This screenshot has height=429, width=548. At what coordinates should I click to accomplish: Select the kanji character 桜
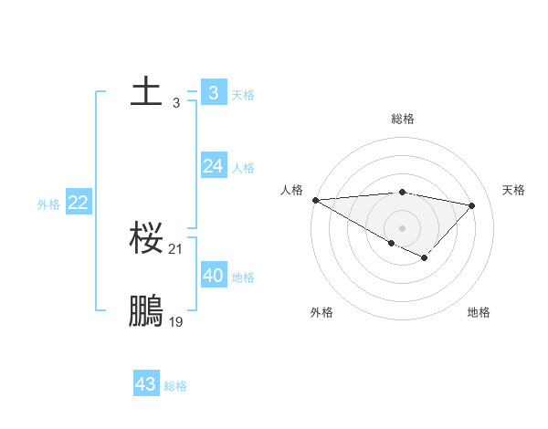(x=146, y=240)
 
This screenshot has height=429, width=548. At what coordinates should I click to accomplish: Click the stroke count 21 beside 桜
(x=176, y=248)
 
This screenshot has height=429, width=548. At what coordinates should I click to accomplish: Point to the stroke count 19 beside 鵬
(x=176, y=321)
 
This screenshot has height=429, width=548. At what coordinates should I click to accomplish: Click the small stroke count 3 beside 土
(x=176, y=103)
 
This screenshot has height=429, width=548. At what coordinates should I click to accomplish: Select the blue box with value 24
(x=213, y=166)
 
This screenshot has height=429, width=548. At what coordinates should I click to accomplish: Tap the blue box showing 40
(x=213, y=276)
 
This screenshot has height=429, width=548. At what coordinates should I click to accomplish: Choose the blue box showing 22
(x=78, y=203)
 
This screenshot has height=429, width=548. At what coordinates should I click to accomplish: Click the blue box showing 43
(x=145, y=384)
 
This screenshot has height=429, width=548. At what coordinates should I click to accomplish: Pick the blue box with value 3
(x=213, y=93)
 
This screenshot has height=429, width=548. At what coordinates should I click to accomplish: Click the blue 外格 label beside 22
(x=48, y=204)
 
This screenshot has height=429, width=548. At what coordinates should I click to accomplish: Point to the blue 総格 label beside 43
(x=175, y=386)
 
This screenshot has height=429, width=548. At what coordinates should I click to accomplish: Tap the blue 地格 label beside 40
(x=243, y=277)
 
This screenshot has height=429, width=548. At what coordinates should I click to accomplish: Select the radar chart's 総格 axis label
(x=402, y=119)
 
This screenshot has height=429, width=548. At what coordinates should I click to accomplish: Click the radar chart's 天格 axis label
(x=513, y=190)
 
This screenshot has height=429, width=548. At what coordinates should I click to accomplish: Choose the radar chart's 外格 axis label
(x=321, y=312)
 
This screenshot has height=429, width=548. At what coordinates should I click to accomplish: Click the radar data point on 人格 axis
(x=315, y=200)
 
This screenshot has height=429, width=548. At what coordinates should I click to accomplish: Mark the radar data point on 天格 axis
(x=472, y=205)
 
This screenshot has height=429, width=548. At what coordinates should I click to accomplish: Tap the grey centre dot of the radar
(x=402, y=227)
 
